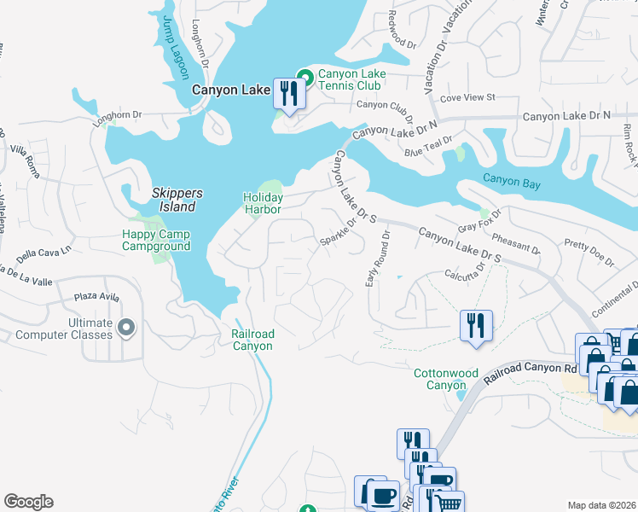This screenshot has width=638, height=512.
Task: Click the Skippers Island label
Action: point(173,200)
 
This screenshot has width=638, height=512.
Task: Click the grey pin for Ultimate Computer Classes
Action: point(126,328)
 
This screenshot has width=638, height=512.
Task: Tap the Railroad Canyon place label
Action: point(252,340)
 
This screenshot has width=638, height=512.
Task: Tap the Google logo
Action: point(28,502)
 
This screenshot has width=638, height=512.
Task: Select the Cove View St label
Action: point(467,98)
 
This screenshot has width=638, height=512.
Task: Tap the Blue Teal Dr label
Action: point(429,145)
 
